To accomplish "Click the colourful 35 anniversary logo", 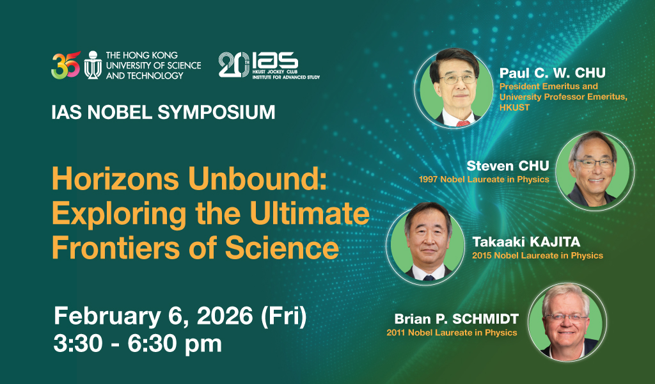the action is click(x=66, y=65).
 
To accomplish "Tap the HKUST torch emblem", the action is click(x=93, y=65).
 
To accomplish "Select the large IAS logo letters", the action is click(x=275, y=61).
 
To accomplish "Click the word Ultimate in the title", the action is click(x=310, y=213).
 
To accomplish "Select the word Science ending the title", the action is click(x=282, y=248).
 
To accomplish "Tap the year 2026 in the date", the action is click(x=225, y=316).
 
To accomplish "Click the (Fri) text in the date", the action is click(x=283, y=316).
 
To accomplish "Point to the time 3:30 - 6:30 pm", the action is click(x=138, y=344).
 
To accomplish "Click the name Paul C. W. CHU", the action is click(x=552, y=73).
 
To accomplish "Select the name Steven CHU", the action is click(x=507, y=166).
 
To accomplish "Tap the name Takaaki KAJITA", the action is click(x=526, y=241).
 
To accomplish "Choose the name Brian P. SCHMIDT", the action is click(x=456, y=319).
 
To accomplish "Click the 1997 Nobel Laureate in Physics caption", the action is click(x=484, y=179).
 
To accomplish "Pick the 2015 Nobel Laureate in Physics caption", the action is click(x=537, y=255).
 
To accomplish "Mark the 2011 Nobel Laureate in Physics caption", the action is click(x=452, y=333).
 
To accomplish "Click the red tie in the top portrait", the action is click(x=463, y=124).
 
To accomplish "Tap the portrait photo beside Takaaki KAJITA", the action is click(x=425, y=246).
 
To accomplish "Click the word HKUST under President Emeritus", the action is click(x=514, y=108).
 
